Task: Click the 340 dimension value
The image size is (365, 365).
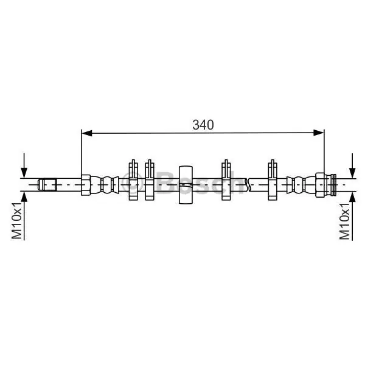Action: tap(203, 125)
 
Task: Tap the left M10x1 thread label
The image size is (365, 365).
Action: tap(17, 220)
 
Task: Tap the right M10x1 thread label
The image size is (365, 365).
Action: tap(345, 220)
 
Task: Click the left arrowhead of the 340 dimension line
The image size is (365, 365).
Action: tap(86, 133)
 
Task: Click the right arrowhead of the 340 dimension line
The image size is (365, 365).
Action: tap(318, 133)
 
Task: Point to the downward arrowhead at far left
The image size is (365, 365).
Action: tap(24, 173)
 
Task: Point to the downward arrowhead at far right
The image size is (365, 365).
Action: tap(353, 173)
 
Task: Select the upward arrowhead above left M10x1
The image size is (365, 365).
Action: tap(24, 197)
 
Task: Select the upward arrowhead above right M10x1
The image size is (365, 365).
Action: tap(353, 197)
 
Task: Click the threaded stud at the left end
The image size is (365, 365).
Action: tap(47, 184)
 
